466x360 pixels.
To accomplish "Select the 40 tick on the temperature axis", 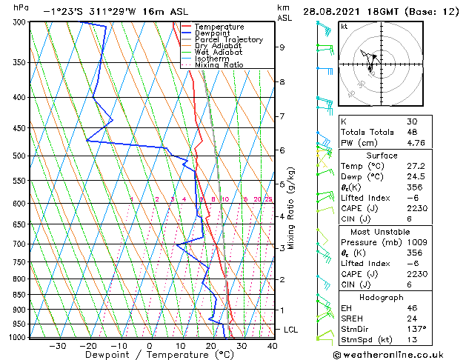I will pos(273,346).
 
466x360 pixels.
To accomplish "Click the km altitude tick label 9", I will pos(282,47).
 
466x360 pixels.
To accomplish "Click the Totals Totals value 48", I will pos(412,132).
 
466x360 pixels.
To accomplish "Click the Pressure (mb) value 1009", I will pos(417,241).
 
